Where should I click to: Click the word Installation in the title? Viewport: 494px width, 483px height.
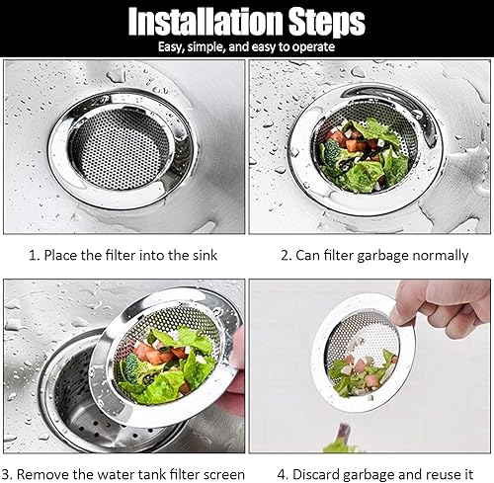tap(206, 21)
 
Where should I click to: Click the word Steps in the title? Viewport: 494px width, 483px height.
tap(327, 23)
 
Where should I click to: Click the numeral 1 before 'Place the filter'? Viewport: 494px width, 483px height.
tap(33, 256)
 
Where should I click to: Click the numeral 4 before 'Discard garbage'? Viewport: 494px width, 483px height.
tap(282, 475)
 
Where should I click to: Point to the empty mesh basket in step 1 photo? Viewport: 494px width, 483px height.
tap(120, 148)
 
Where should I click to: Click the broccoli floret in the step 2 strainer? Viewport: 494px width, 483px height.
tap(331, 154)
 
